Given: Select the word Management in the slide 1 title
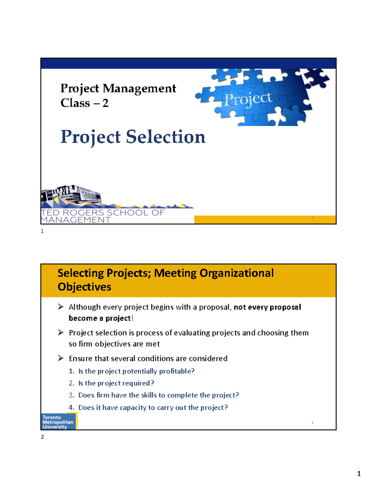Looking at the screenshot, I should [x=139, y=89].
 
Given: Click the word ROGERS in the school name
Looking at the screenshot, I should [x=84, y=213].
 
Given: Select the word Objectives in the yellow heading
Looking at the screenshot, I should [x=84, y=287].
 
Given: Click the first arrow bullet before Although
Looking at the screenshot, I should [x=61, y=307].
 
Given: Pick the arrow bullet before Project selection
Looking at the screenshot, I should [x=61, y=332].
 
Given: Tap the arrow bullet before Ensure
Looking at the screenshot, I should [x=61, y=358].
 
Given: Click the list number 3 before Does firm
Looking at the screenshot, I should [x=71, y=395].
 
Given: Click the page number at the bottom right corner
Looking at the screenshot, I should [x=359, y=474].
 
